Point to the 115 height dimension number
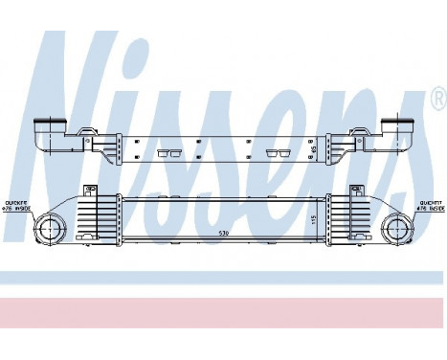click(x=314, y=219)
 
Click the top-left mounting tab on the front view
click(x=90, y=190)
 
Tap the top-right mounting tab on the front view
click(x=355, y=191)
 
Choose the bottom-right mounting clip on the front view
click(x=353, y=251)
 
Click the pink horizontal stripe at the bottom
click(x=223, y=312)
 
